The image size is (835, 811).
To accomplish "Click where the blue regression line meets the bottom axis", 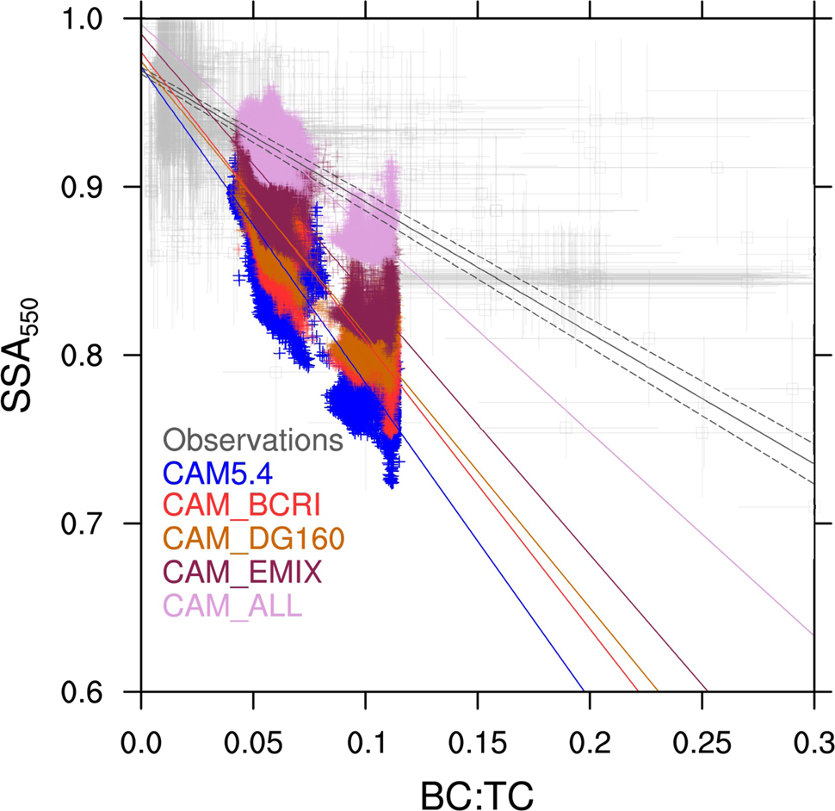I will coord(584,690).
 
